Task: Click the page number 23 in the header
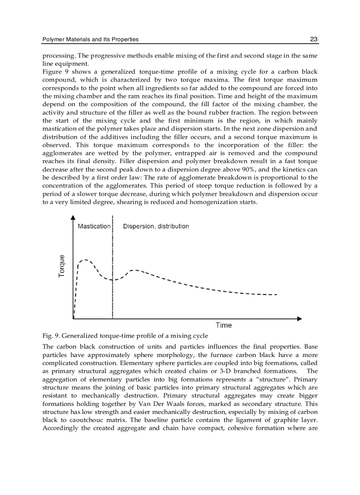click(314, 39)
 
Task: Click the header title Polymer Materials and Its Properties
click(90, 39)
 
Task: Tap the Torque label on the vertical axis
click(62, 266)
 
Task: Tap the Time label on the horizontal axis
click(224, 325)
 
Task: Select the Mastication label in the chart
click(94, 226)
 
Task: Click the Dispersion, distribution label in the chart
click(156, 226)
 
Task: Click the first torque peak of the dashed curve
click(86, 260)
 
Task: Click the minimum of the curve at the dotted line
click(113, 280)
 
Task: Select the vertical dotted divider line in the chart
click(113, 300)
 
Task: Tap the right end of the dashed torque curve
click(276, 294)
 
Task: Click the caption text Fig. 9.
click(51, 337)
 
